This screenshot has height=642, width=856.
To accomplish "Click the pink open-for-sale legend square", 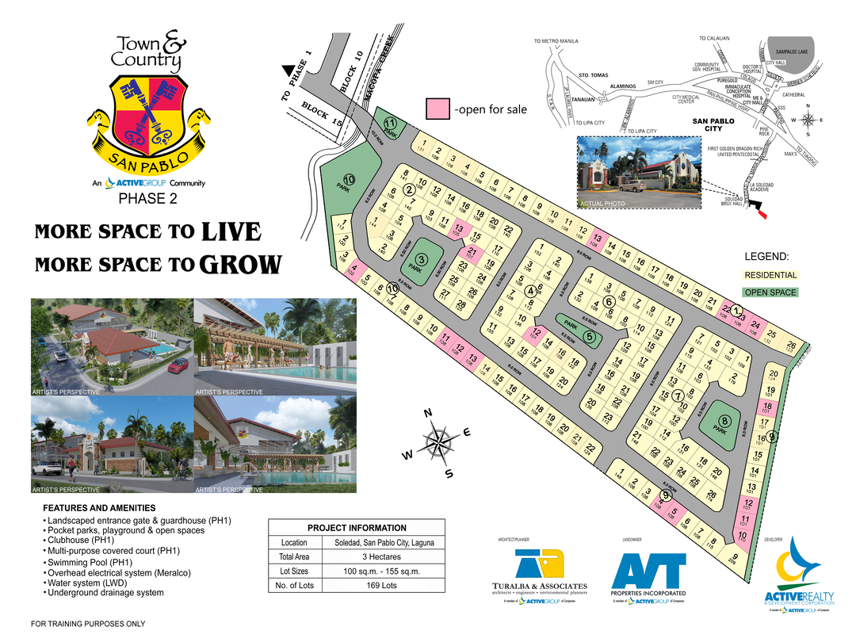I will [438, 109].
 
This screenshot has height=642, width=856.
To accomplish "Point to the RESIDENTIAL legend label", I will [770, 275].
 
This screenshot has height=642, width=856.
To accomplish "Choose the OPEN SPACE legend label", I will [770, 292].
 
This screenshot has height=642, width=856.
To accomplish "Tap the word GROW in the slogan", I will [240, 265].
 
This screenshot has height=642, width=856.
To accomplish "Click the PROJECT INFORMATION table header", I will [357, 528].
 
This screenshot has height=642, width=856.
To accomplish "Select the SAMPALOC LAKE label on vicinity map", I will [789, 50].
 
